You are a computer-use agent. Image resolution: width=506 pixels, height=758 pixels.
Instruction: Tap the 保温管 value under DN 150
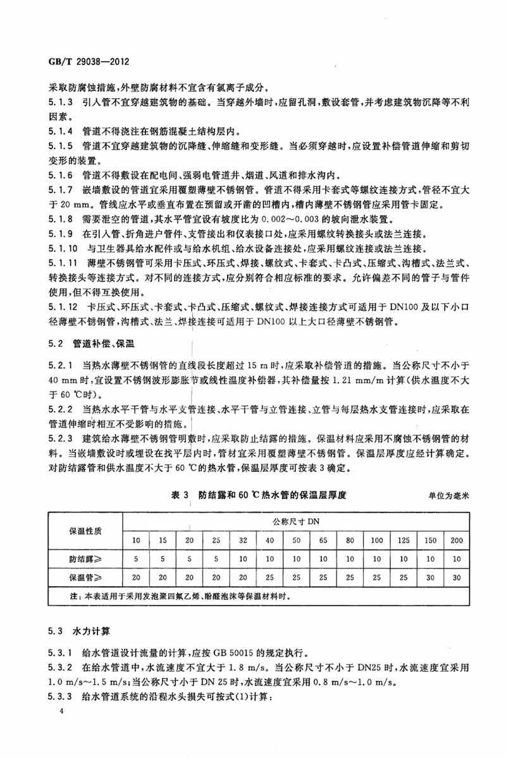pyautogui.click(x=429, y=578)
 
